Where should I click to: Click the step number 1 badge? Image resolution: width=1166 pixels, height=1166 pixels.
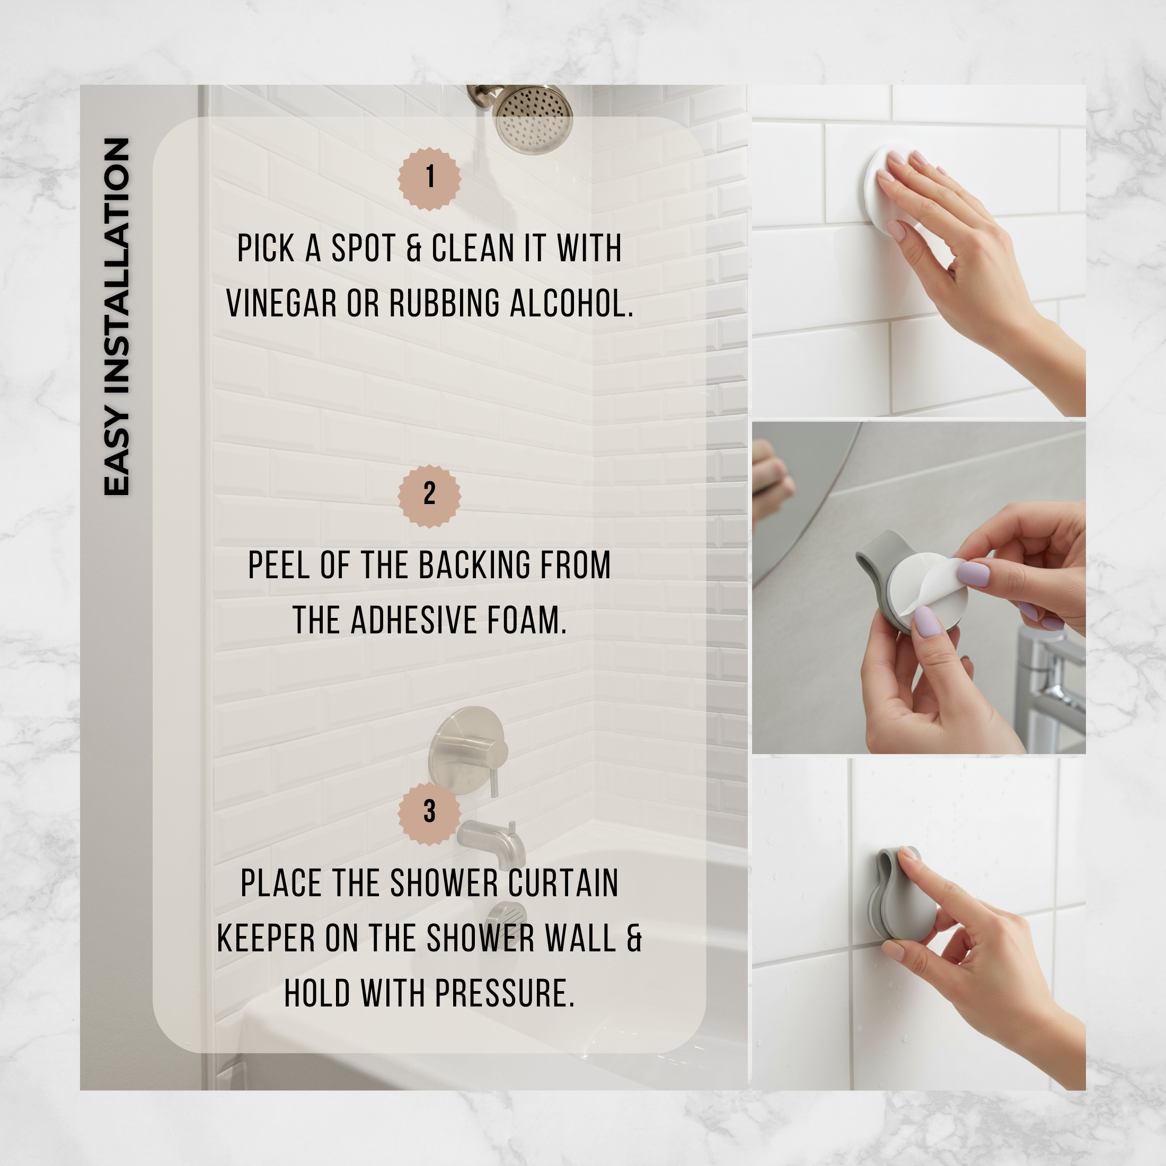click(x=429, y=178)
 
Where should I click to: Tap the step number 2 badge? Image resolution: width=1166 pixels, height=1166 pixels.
click(x=429, y=496)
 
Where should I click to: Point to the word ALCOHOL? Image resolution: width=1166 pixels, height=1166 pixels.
click(x=571, y=303)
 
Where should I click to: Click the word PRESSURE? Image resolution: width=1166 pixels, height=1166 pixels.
click(x=504, y=993)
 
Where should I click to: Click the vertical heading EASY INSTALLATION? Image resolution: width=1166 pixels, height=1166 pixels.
click(x=117, y=316)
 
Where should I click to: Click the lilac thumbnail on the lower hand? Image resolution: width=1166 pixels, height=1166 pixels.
click(x=926, y=621)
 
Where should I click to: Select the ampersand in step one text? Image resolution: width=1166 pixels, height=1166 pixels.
click(x=413, y=248)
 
